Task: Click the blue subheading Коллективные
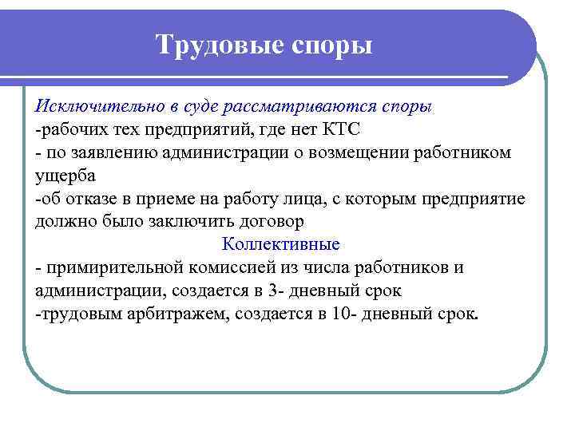tap(280, 243)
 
